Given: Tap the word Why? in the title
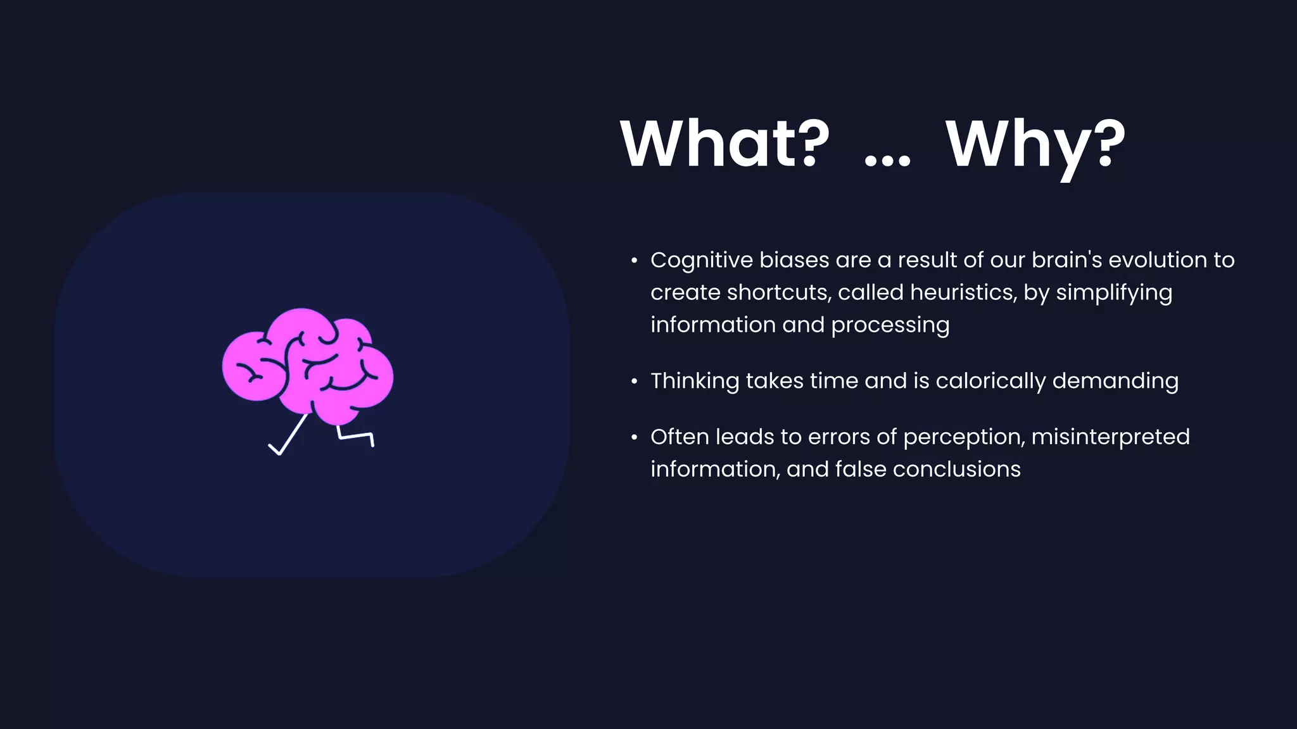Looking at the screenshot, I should pos(1035,146).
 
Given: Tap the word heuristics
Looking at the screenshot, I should pos(963,292).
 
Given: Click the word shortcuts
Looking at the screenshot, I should pos(779,292).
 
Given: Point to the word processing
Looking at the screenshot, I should pos(890,325).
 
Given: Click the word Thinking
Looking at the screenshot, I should pos(695,381).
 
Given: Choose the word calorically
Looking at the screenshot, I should pos(990,381).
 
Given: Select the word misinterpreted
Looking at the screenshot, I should pos(1110,437).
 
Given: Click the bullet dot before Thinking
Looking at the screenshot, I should pos(634,382).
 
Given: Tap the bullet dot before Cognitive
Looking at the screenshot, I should pos(634,261).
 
